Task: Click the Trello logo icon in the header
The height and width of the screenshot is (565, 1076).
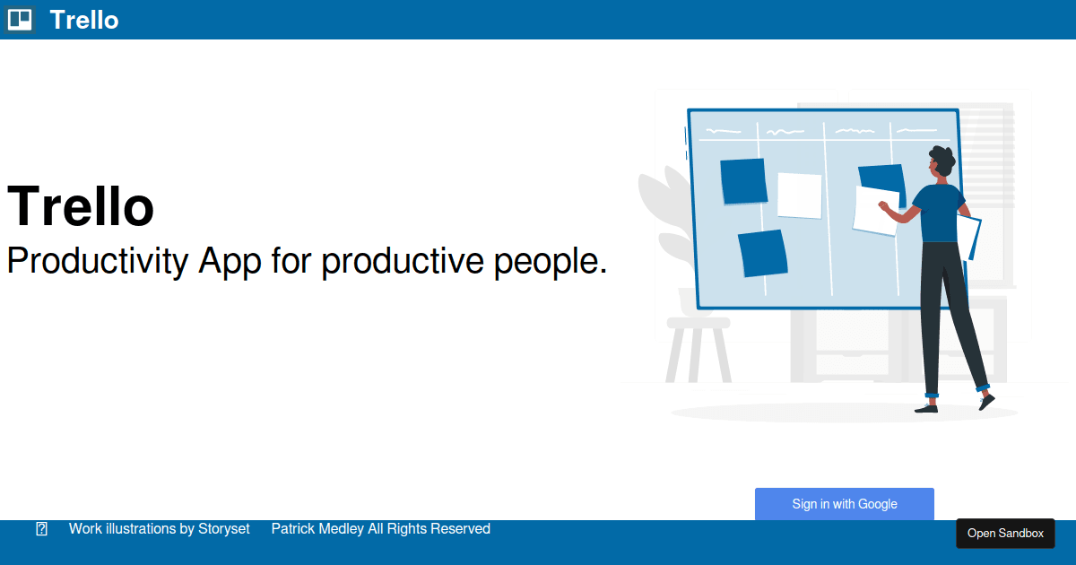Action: pos(20,20)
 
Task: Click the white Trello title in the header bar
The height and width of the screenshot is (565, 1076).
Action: pos(84,20)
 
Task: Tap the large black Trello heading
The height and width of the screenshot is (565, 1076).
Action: pos(80,206)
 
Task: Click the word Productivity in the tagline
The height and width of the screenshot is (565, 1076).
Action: pos(97,261)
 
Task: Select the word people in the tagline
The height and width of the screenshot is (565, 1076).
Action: pos(551,262)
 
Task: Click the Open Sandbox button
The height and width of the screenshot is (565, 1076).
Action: pos(1005,534)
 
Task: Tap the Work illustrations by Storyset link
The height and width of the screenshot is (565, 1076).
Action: pos(159,529)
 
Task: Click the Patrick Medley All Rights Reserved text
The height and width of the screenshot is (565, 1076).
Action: pos(380,529)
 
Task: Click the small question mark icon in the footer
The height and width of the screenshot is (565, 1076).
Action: pos(42,529)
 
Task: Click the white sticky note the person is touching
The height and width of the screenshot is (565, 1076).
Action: pos(875,211)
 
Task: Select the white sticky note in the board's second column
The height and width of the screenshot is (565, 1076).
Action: pos(799,196)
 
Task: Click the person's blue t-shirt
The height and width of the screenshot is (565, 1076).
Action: pos(940,213)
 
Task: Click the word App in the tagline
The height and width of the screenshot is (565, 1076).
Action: pos(230,262)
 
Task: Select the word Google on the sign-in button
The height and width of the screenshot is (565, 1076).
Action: pos(878,504)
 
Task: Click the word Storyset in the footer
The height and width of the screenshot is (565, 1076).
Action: pos(224,529)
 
